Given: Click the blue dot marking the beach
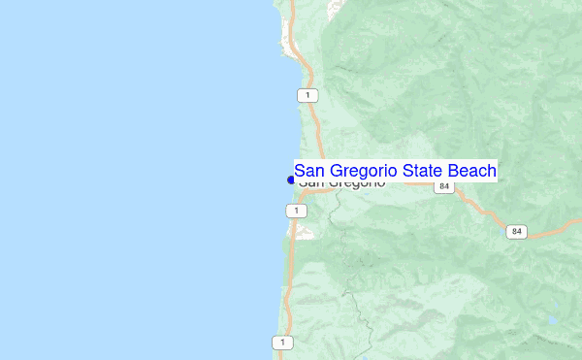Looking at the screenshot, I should tap(291, 180).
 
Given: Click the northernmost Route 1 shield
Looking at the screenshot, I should tap(307, 95).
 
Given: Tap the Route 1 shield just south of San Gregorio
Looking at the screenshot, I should tap(292, 211).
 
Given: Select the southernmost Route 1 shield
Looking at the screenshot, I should tap(281, 343).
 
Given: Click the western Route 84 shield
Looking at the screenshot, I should tap(444, 186).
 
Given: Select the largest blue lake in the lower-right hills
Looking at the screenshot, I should tap(552, 319).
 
